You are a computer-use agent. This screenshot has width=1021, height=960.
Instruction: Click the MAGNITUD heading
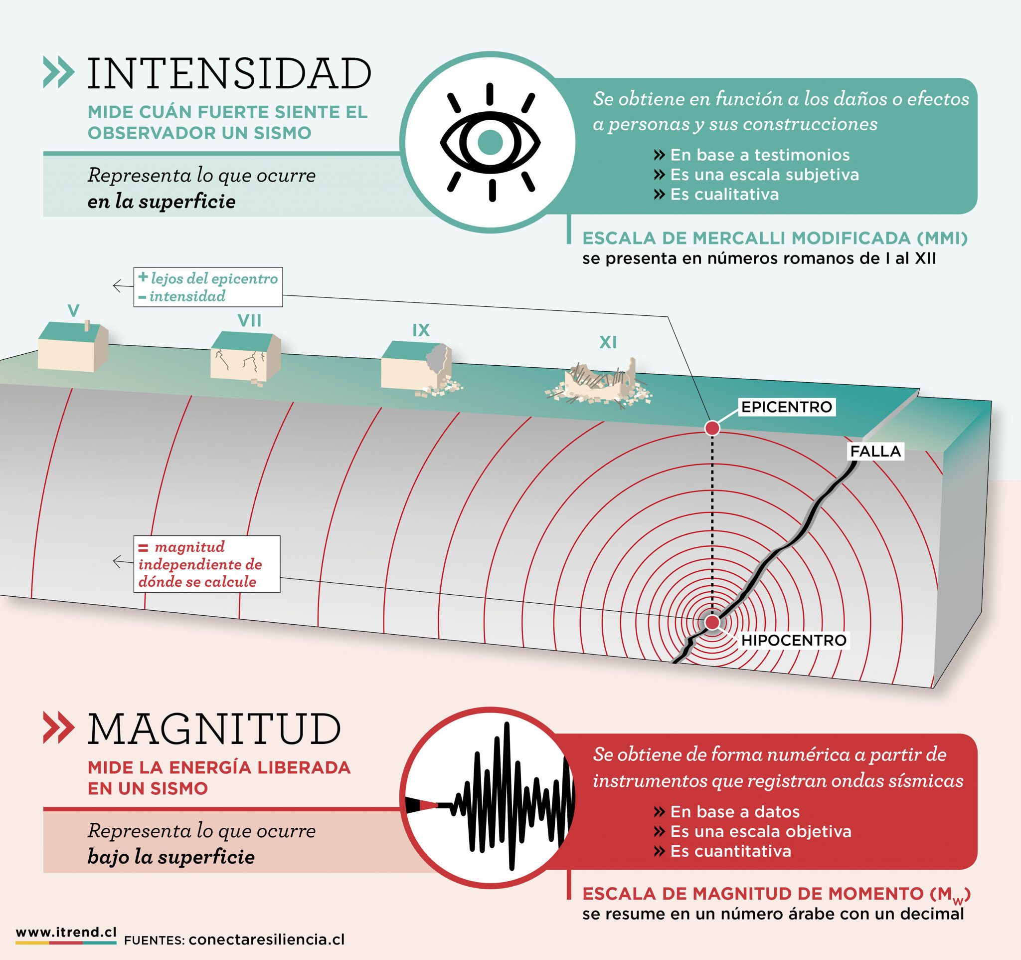215,729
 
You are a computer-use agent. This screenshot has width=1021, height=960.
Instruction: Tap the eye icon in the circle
490,141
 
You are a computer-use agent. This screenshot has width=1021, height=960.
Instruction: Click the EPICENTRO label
786,407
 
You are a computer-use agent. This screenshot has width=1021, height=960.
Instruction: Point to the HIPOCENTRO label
794,640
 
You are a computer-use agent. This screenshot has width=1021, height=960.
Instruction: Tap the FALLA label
875,452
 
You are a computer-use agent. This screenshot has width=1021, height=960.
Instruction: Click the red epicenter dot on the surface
712,428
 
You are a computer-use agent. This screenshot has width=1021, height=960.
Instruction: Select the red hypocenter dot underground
712,622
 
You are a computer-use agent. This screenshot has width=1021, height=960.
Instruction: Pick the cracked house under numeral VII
246,358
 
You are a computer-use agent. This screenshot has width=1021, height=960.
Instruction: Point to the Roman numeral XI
608,342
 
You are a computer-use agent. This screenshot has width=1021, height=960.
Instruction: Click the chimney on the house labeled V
88,326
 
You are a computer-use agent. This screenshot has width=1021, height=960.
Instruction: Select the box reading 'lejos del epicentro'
208,287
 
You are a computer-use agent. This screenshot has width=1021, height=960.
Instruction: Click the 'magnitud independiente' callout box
207,564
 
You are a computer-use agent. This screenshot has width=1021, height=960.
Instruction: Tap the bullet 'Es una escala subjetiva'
756,175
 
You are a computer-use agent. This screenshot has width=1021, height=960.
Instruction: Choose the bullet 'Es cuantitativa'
722,852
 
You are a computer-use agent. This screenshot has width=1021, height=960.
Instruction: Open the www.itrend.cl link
66,933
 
